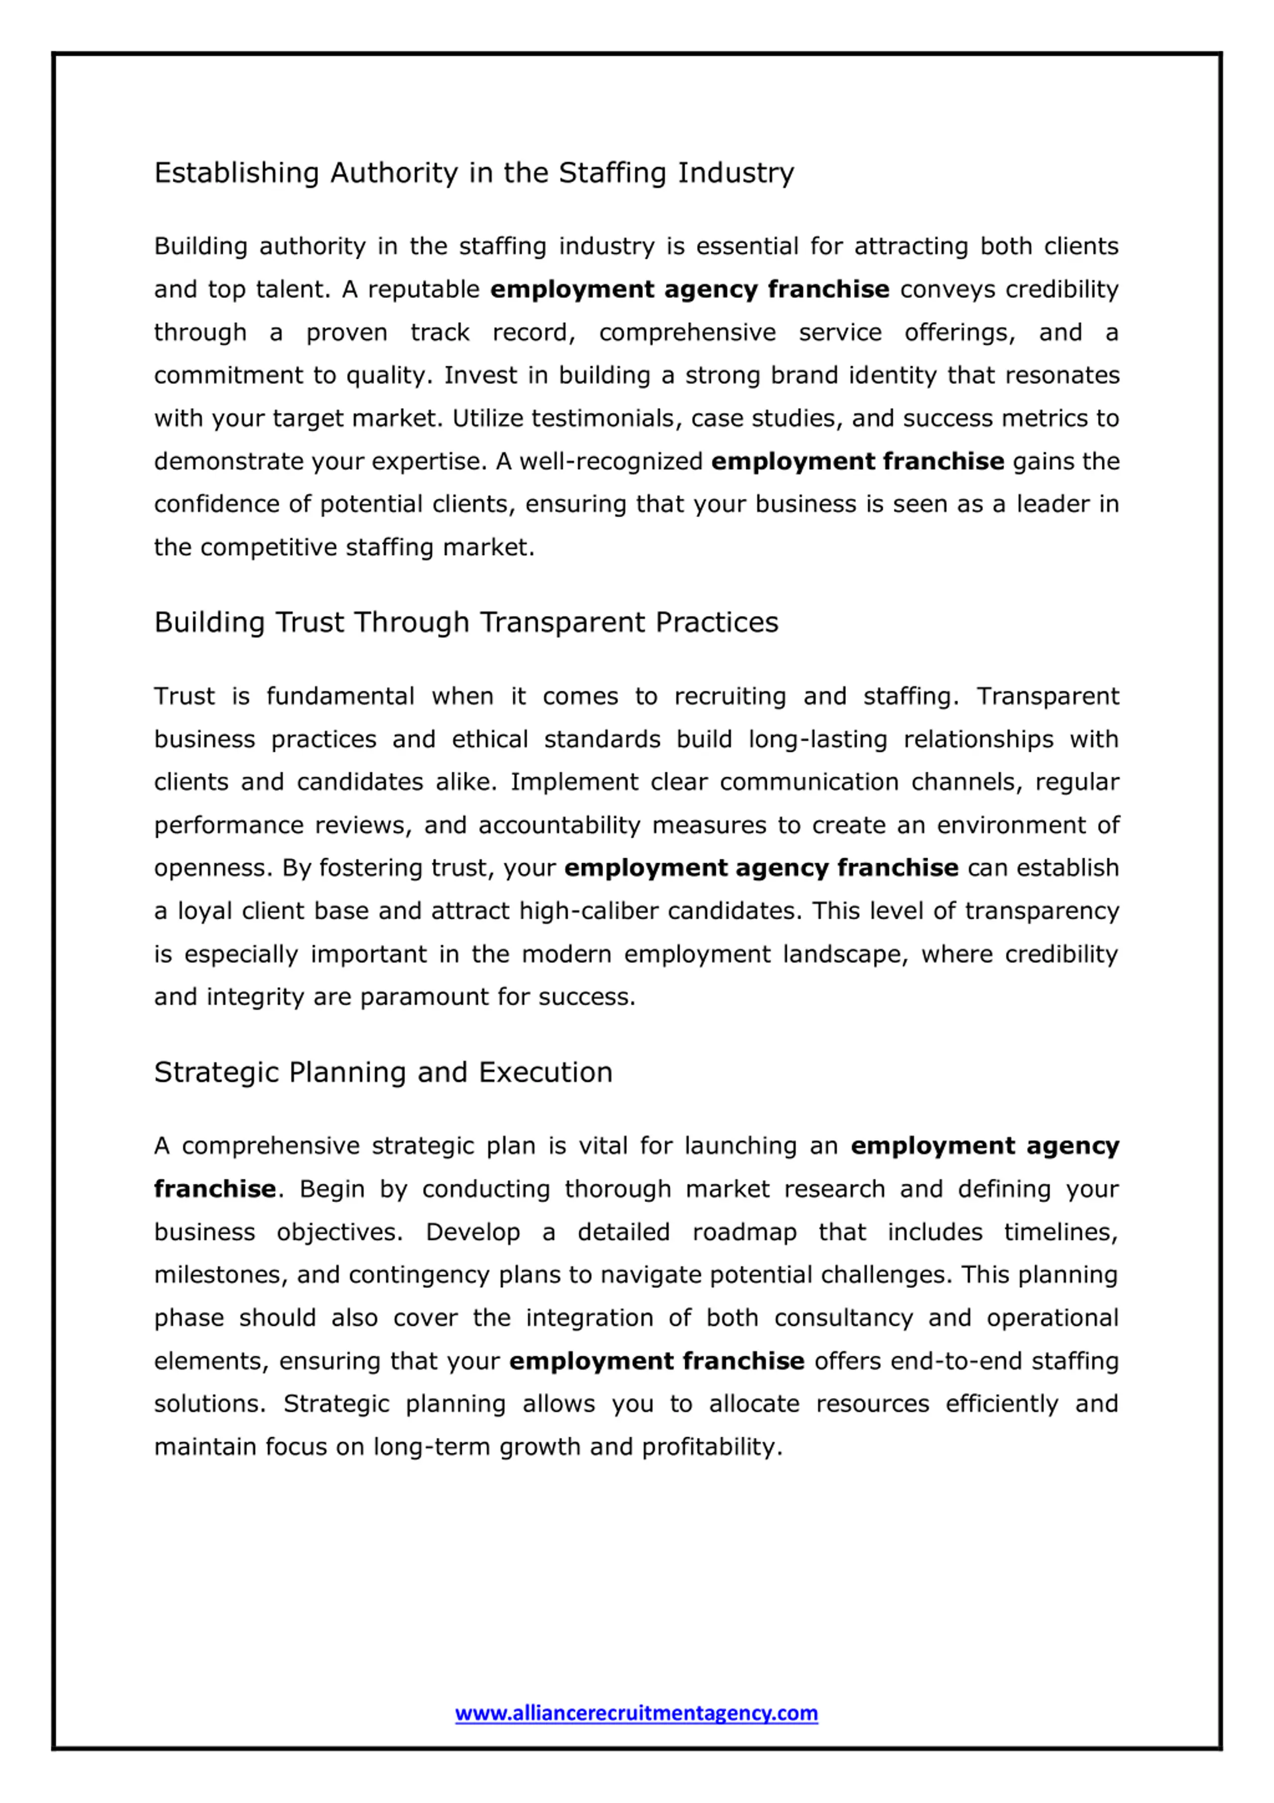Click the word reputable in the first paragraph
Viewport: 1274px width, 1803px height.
(x=424, y=289)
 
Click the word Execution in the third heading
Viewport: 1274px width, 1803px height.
(x=545, y=1072)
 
